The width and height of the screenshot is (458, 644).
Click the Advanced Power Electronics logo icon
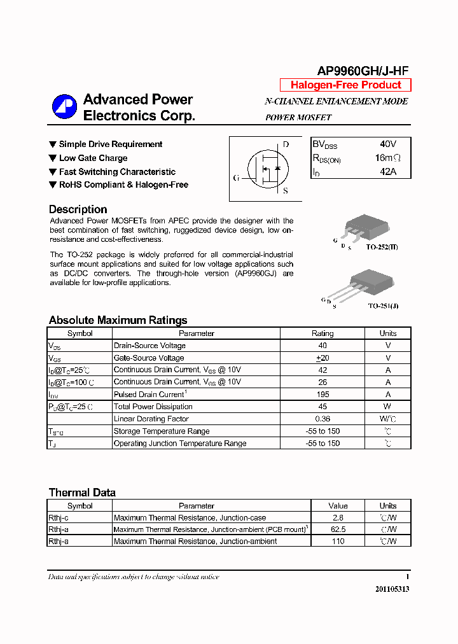[64, 107]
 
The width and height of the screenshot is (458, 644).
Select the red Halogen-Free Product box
[345, 85]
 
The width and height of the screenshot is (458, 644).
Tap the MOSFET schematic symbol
[265, 168]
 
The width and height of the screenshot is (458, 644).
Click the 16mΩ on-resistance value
[388, 158]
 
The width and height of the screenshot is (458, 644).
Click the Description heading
[78, 209]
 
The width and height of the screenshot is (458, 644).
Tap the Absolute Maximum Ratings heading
[118, 320]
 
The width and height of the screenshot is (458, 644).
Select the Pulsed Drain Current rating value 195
[322, 395]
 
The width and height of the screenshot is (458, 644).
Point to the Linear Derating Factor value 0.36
[322, 419]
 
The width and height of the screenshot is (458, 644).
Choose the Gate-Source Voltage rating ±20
[322, 358]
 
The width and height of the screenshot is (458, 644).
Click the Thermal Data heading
[82, 493]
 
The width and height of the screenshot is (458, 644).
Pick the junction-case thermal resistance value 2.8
[338, 518]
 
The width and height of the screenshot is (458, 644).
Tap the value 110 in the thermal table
[338, 542]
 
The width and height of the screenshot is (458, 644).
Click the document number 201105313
[392, 589]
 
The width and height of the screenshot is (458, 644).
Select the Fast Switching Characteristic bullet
[116, 172]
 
